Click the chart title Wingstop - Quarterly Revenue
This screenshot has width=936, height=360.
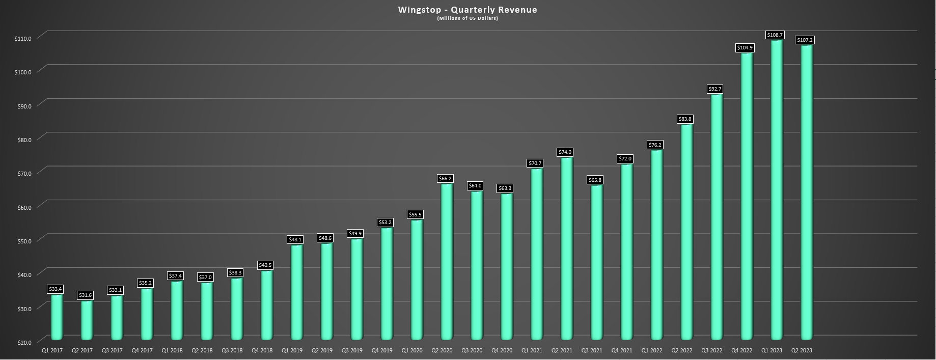(x=467, y=10)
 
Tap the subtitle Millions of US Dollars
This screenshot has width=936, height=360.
(x=467, y=19)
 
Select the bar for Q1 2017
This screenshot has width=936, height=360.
(x=57, y=317)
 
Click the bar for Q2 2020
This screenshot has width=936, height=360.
(x=446, y=261)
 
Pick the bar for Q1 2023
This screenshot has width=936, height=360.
(x=776, y=189)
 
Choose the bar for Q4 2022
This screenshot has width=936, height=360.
(x=746, y=196)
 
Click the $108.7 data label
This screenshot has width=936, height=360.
(x=775, y=35)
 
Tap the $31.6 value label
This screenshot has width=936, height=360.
(x=85, y=295)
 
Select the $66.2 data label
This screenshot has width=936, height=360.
(x=445, y=179)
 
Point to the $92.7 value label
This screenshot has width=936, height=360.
(x=715, y=89)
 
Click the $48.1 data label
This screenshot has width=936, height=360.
(x=295, y=239)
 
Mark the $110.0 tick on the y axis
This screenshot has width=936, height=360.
(x=23, y=38)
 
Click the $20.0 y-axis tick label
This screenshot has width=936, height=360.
(x=23, y=342)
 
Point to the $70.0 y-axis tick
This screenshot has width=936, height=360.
(x=23, y=173)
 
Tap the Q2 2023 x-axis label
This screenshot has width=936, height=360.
(x=802, y=350)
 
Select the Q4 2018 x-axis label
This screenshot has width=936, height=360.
(x=262, y=350)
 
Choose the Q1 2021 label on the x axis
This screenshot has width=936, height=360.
(x=532, y=350)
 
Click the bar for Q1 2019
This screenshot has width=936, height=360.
(x=296, y=292)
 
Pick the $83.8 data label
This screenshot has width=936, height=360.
(x=685, y=119)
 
